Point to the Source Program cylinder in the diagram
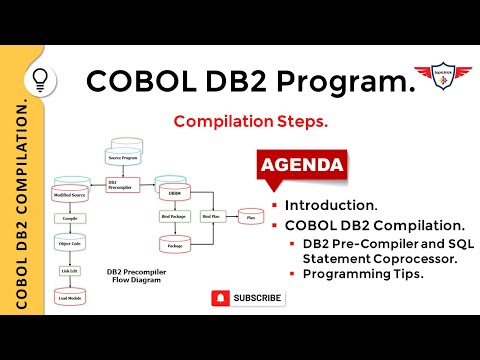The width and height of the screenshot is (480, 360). (x=129, y=156)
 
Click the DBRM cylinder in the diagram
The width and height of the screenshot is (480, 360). (x=174, y=190)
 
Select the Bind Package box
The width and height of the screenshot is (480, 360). (x=174, y=216)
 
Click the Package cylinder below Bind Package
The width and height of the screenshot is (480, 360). (x=174, y=244)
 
